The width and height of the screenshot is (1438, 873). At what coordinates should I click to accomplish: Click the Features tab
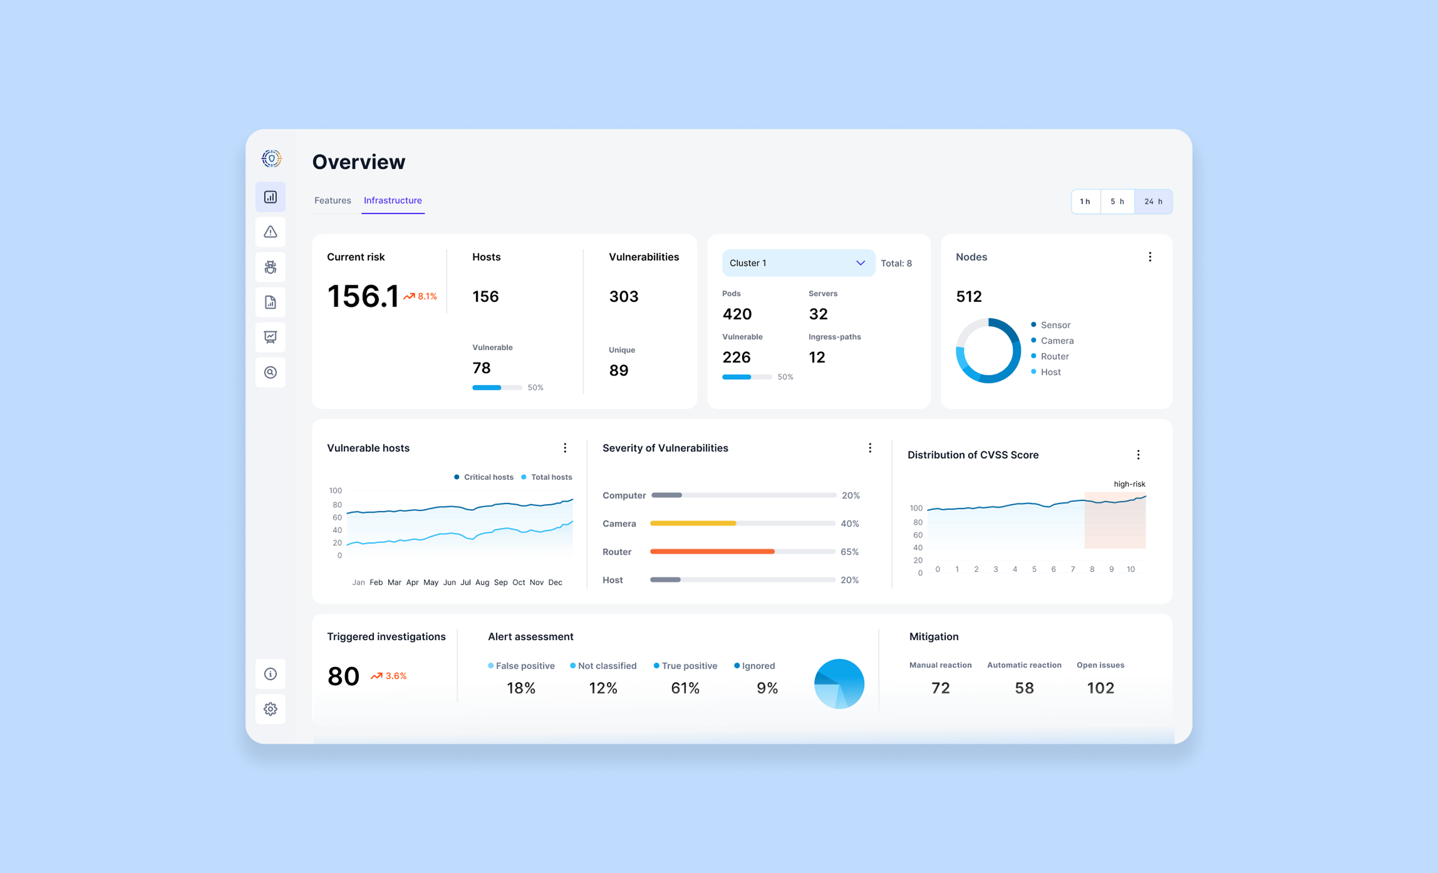point(333,200)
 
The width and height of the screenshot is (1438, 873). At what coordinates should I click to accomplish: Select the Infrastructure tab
point(393,200)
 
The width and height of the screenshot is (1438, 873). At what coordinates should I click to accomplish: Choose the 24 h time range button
point(1153,201)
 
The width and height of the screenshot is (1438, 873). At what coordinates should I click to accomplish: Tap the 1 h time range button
point(1086,201)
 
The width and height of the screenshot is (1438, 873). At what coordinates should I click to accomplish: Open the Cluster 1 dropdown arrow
point(860,263)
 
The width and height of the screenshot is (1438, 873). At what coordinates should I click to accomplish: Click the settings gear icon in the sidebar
point(270,709)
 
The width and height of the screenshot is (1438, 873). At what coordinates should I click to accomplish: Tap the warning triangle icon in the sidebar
point(270,231)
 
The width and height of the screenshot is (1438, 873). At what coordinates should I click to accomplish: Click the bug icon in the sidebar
point(270,267)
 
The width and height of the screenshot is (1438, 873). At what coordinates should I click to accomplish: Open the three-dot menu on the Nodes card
point(1150,257)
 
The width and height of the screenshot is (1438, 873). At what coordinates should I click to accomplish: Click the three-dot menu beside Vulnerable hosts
point(565,447)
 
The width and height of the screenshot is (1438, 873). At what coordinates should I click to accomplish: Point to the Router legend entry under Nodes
point(1050,356)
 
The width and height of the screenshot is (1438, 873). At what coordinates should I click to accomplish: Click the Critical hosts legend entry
point(484,477)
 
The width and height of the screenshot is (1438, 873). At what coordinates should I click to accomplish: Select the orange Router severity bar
point(712,551)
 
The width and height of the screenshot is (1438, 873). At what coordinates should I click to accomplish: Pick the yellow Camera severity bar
point(693,523)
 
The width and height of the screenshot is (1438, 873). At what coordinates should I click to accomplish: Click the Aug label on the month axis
point(482,582)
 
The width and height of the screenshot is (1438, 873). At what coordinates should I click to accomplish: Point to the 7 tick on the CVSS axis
point(1072,569)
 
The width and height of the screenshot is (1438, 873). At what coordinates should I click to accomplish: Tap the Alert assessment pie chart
point(839,684)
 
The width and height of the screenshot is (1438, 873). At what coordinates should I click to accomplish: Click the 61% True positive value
point(685,688)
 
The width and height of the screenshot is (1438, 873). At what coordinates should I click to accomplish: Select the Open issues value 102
point(1100,688)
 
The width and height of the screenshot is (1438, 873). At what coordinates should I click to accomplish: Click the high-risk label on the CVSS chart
point(1129,484)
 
